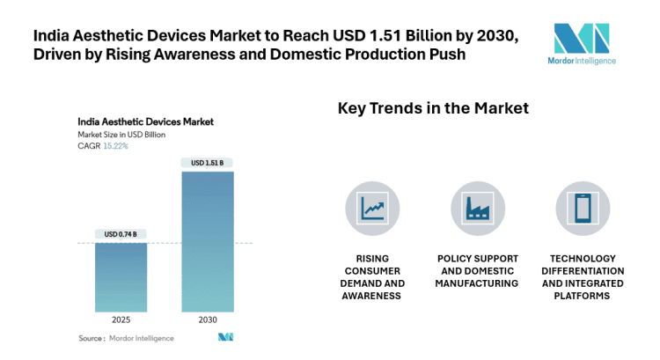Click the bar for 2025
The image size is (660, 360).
(x=121, y=276)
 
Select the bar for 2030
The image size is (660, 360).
(x=208, y=241)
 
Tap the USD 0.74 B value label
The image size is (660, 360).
(x=121, y=234)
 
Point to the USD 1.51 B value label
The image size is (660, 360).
(x=208, y=163)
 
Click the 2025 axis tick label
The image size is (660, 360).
(x=121, y=320)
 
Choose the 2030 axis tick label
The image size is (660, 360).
(x=208, y=320)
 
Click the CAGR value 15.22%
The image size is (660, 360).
(x=115, y=146)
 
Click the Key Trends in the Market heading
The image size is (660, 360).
(x=433, y=108)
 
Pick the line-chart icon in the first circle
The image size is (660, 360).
(x=372, y=208)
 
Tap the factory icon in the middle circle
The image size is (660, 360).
(x=478, y=208)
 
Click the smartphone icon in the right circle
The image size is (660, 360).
(x=583, y=208)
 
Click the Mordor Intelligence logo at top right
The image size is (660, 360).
(x=583, y=43)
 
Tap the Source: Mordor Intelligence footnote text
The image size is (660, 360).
(x=126, y=338)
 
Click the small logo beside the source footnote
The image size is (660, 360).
(x=226, y=337)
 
